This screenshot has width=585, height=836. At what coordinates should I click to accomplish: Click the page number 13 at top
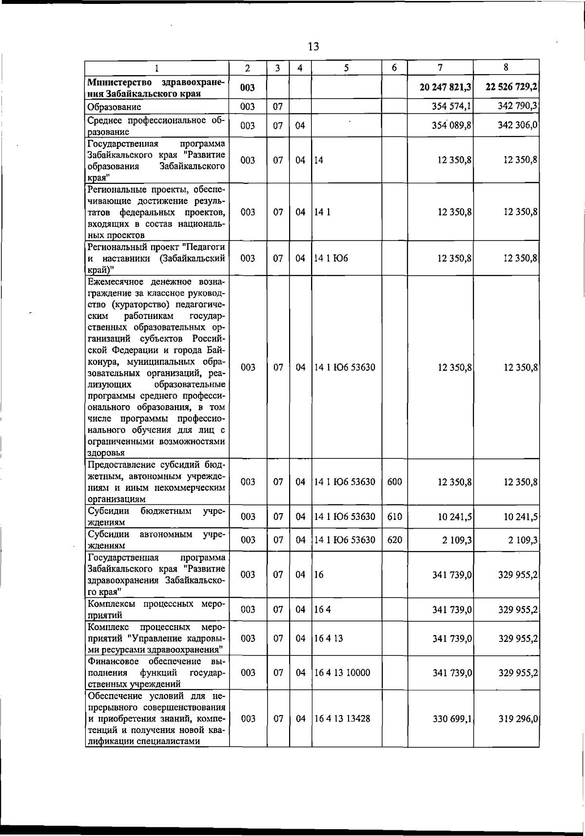point(313,47)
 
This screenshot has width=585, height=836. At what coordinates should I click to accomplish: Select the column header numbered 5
point(346,68)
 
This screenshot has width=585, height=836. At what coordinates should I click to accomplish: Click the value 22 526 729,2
point(511,87)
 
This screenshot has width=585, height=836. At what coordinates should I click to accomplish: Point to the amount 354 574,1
point(451,106)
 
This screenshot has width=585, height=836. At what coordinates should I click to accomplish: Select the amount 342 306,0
point(517,125)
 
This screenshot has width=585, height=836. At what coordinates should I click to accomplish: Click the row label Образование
point(115,107)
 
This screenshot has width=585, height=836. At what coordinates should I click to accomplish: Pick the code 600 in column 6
point(394,482)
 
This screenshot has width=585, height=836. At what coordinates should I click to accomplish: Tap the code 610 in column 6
point(394,517)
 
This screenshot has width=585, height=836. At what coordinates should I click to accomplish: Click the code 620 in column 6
point(394,540)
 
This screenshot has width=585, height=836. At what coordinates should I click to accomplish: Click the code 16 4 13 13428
point(342,719)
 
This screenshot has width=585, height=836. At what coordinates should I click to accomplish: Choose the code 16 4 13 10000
point(342,673)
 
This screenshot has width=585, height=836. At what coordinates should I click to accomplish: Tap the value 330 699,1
point(452,719)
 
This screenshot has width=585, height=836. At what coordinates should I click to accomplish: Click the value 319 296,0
point(518,719)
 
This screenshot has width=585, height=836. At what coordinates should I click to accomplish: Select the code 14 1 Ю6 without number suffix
point(331,259)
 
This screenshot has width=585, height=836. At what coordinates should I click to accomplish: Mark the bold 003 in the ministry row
point(248,87)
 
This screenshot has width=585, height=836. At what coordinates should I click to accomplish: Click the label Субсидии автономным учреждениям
point(156,540)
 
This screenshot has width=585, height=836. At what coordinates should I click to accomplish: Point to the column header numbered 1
point(157,68)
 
